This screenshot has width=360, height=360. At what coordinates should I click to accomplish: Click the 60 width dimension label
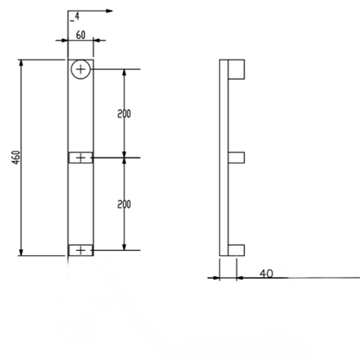[x=80, y=35]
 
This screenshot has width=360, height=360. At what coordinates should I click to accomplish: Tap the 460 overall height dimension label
[x=16, y=157]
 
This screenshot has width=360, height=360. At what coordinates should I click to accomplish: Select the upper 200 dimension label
[x=124, y=114]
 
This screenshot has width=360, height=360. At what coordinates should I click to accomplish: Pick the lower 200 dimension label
[x=124, y=204]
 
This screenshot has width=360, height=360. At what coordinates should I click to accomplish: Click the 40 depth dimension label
[x=267, y=273]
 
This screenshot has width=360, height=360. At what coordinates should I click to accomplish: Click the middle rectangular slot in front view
[x=80, y=157]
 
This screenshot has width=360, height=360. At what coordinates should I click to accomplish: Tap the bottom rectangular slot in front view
[x=80, y=250]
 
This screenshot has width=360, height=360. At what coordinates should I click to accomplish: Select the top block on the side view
[x=236, y=69]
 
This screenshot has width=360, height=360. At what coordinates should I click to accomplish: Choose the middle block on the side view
[x=236, y=157]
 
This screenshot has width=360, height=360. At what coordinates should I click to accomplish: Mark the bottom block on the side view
[x=236, y=250]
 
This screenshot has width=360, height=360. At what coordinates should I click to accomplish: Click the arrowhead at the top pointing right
[x=109, y=11]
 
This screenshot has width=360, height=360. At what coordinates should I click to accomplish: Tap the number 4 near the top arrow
[x=77, y=16]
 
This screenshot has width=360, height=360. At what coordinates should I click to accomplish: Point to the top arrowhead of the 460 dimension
[x=21, y=63]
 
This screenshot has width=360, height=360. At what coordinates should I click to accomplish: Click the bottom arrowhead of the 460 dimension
[x=21, y=252]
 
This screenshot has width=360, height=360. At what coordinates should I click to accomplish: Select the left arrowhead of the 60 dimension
[x=64, y=40]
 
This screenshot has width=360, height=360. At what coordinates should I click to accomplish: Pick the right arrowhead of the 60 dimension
[x=97, y=40]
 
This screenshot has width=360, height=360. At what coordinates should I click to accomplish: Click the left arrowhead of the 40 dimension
[x=215, y=278]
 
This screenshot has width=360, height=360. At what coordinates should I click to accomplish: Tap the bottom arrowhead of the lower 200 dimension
[x=124, y=247]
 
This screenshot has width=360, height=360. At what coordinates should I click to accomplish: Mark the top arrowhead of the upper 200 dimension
[x=124, y=73]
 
